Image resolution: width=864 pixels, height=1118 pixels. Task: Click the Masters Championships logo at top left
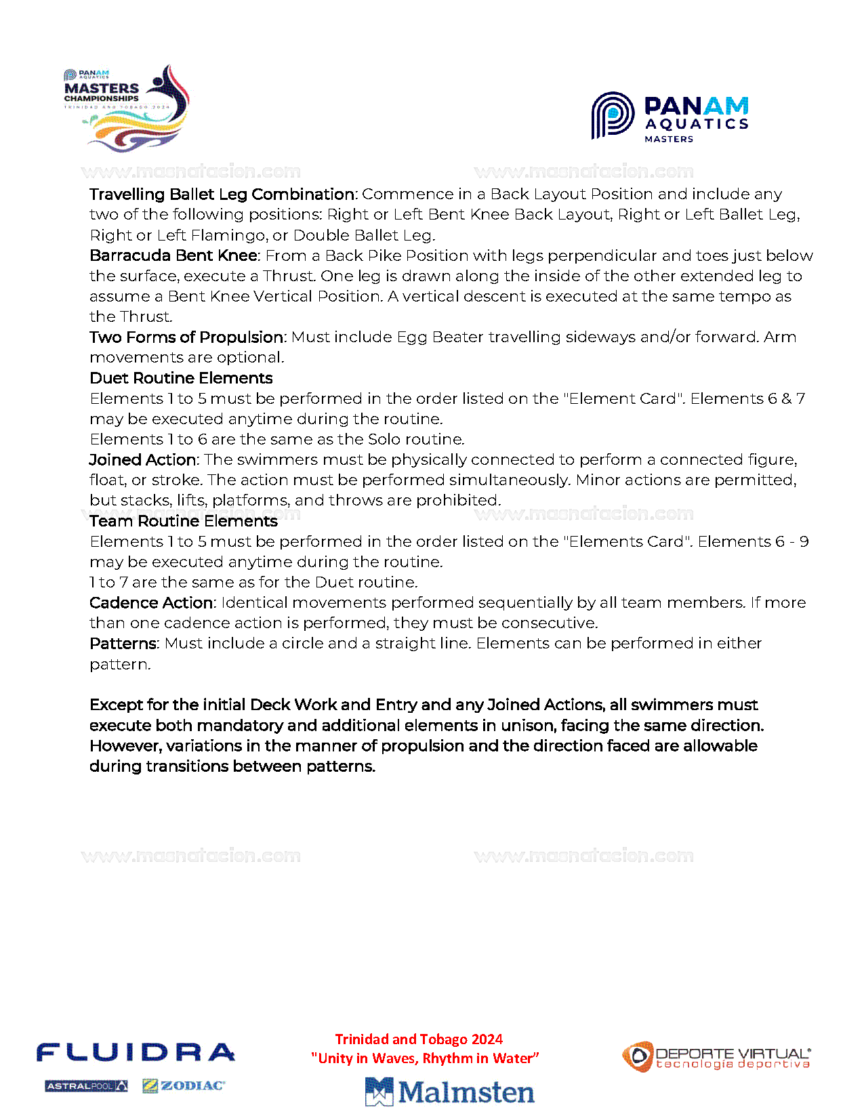(127, 108)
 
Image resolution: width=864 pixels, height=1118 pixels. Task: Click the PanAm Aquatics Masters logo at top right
(670, 117)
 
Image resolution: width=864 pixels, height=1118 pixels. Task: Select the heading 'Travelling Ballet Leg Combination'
(222, 194)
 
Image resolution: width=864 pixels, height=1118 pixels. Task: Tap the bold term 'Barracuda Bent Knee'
(173, 255)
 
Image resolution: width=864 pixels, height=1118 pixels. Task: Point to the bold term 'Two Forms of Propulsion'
(187, 337)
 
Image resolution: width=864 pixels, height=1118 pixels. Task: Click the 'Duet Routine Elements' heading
(181, 378)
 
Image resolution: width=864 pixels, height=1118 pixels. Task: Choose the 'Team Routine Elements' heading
(184, 521)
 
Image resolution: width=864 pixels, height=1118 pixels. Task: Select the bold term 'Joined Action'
(142, 460)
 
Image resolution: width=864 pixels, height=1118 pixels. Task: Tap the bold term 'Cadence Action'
(152, 603)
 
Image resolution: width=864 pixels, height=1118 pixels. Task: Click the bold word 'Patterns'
(123, 644)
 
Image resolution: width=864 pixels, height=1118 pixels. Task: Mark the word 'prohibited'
(458, 501)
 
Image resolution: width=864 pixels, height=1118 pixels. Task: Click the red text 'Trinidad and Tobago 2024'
(419, 1039)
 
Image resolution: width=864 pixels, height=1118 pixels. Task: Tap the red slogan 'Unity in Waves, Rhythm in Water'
(425, 1058)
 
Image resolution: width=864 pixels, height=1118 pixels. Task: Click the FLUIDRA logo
(136, 1053)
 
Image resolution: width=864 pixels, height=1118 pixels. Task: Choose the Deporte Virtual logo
(716, 1058)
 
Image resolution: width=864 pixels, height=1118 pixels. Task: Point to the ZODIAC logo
(184, 1086)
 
